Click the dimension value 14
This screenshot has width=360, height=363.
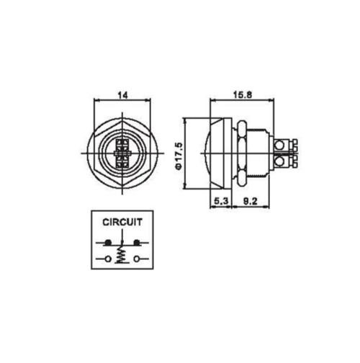[122, 95]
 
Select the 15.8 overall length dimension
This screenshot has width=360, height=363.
[243, 95]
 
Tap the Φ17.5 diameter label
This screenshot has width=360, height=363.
[179, 156]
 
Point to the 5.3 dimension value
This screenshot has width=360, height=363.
[221, 201]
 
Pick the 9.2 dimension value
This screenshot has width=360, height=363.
[250, 201]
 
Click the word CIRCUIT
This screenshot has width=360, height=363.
[122, 222]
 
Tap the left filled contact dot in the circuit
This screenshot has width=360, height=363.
[108, 243]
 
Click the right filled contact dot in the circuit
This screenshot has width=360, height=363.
[137, 243]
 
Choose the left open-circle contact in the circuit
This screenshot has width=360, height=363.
[108, 259]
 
